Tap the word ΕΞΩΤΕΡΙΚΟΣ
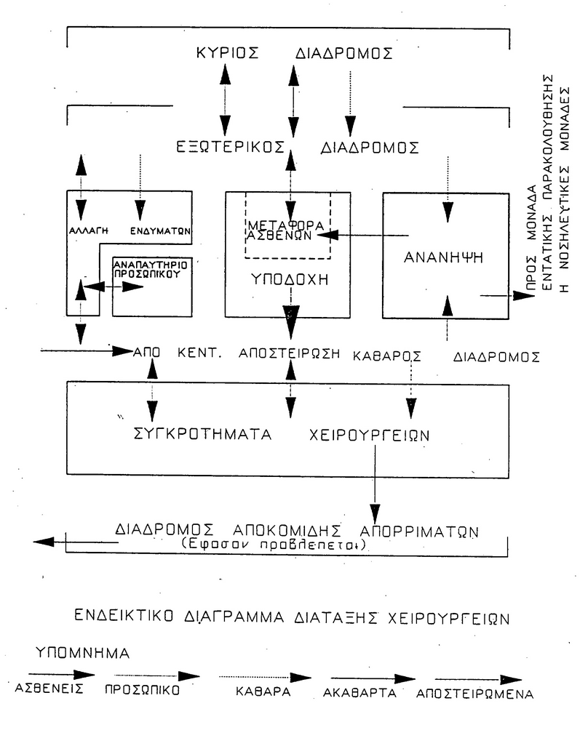tap(229, 146)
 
